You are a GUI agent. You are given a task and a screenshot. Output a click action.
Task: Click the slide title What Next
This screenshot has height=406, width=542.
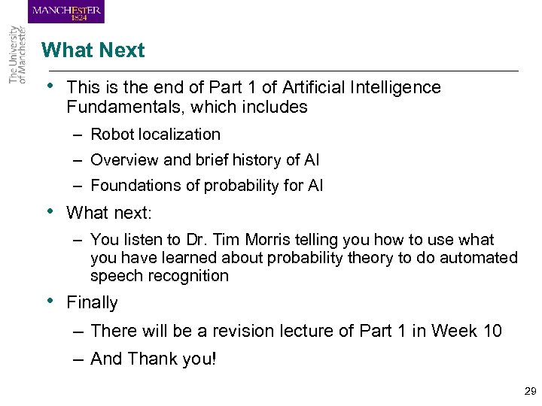click(x=93, y=50)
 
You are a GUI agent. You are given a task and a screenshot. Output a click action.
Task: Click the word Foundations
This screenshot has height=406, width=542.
click(x=133, y=186)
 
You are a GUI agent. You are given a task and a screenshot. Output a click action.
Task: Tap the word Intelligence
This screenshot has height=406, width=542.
click(x=393, y=87)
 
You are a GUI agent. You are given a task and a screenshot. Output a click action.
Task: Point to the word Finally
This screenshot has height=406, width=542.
click(x=93, y=303)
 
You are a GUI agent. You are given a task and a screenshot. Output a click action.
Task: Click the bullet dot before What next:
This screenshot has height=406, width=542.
click(x=49, y=211)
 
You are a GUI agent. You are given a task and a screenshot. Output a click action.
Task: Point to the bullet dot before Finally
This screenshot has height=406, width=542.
click(x=49, y=301)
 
